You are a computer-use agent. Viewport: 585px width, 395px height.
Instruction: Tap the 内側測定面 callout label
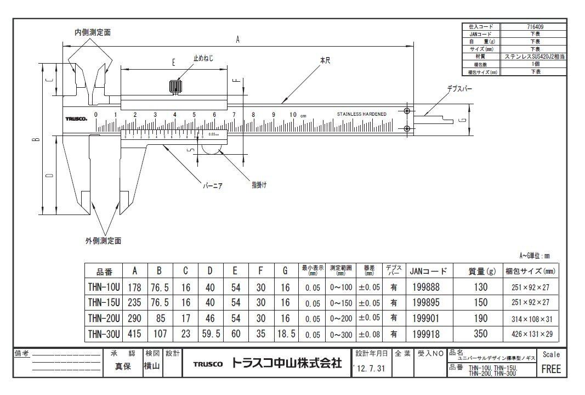(x=93, y=33)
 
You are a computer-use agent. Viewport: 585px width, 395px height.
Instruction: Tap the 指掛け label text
(x=259, y=185)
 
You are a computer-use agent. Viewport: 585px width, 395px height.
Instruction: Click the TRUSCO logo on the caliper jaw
(x=76, y=118)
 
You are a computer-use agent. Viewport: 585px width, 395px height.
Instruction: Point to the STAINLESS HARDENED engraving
(x=361, y=114)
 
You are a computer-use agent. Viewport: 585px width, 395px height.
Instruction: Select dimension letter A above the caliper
(x=237, y=39)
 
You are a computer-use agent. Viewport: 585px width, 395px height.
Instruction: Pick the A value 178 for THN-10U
(x=134, y=287)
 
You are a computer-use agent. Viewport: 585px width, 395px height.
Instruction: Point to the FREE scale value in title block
(x=551, y=369)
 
